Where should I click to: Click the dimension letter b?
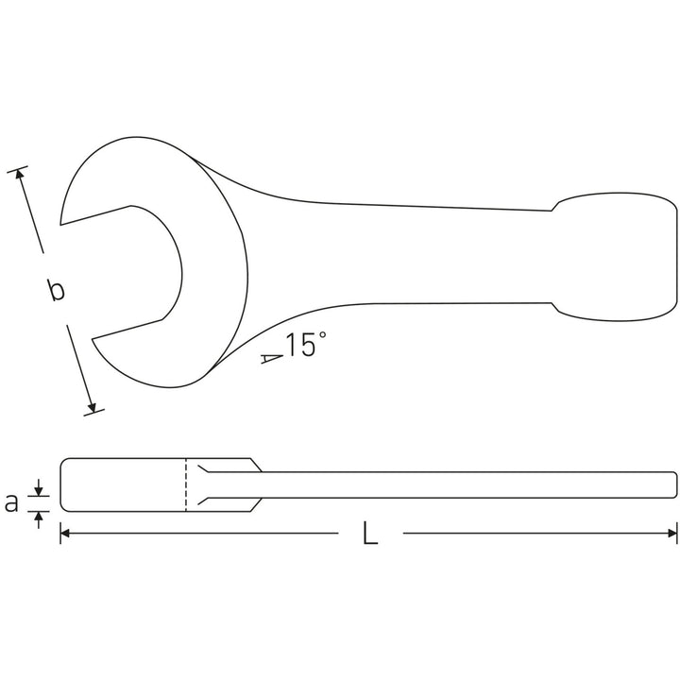[x=57, y=290]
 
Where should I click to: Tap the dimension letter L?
[x=369, y=535]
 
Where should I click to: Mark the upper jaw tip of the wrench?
[x=62, y=223]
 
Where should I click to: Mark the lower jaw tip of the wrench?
[x=93, y=338]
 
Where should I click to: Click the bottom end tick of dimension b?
[x=93, y=410]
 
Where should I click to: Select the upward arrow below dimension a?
[x=39, y=516]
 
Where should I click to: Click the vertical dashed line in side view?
[x=186, y=484]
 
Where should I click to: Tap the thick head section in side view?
[x=123, y=484]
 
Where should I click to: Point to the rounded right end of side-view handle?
[x=674, y=484]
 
